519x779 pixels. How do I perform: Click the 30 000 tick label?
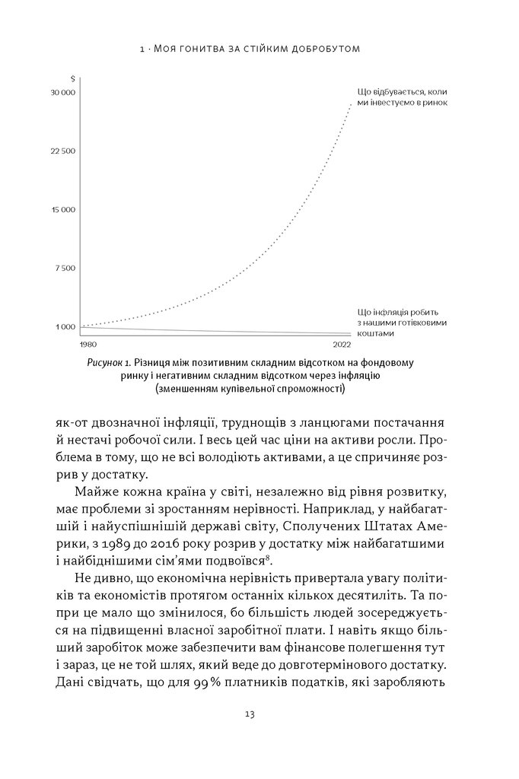click(x=63, y=92)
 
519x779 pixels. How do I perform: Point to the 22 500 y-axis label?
click(x=63, y=151)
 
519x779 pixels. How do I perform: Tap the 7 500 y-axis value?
click(x=65, y=268)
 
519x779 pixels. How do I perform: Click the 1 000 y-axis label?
click(x=65, y=326)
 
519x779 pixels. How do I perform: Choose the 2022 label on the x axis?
click(x=342, y=345)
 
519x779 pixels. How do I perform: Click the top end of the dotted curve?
click(x=349, y=103)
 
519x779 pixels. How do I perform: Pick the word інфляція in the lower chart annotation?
click(x=384, y=312)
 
